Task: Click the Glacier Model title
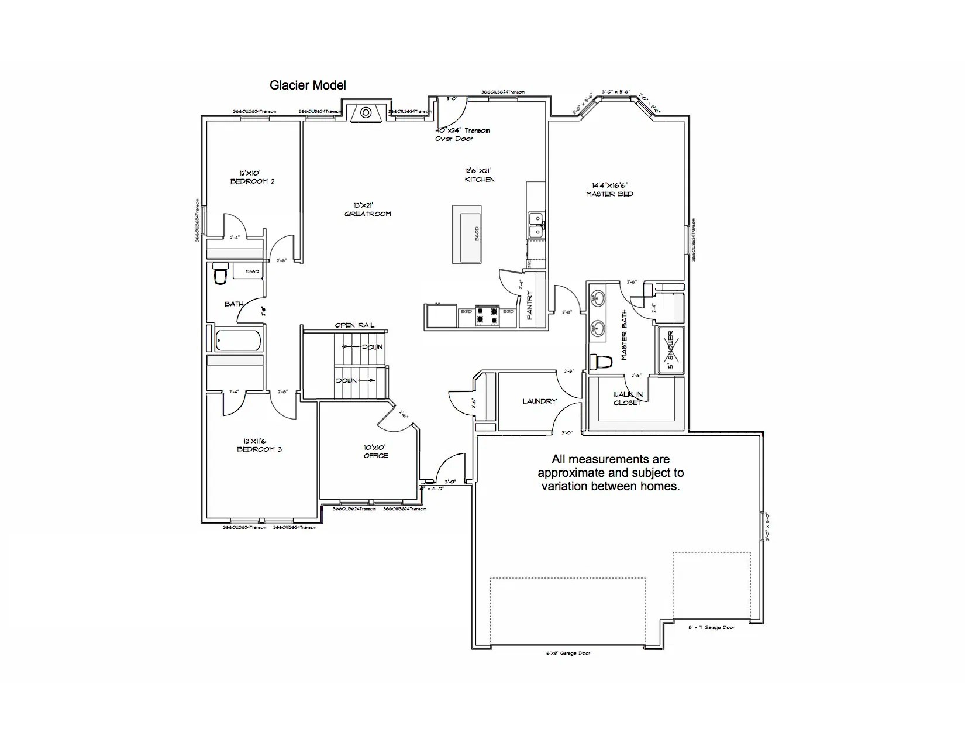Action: (x=308, y=85)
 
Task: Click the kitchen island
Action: (x=467, y=234)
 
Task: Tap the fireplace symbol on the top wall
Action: (x=366, y=112)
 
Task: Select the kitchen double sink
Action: (x=536, y=226)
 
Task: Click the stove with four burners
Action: (x=487, y=315)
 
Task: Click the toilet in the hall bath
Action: (x=220, y=274)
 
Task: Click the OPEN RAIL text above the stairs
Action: (x=354, y=325)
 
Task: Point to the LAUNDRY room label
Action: (x=539, y=401)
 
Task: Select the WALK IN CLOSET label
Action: (x=628, y=398)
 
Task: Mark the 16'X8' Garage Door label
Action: (x=567, y=653)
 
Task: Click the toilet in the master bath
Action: (x=601, y=362)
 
